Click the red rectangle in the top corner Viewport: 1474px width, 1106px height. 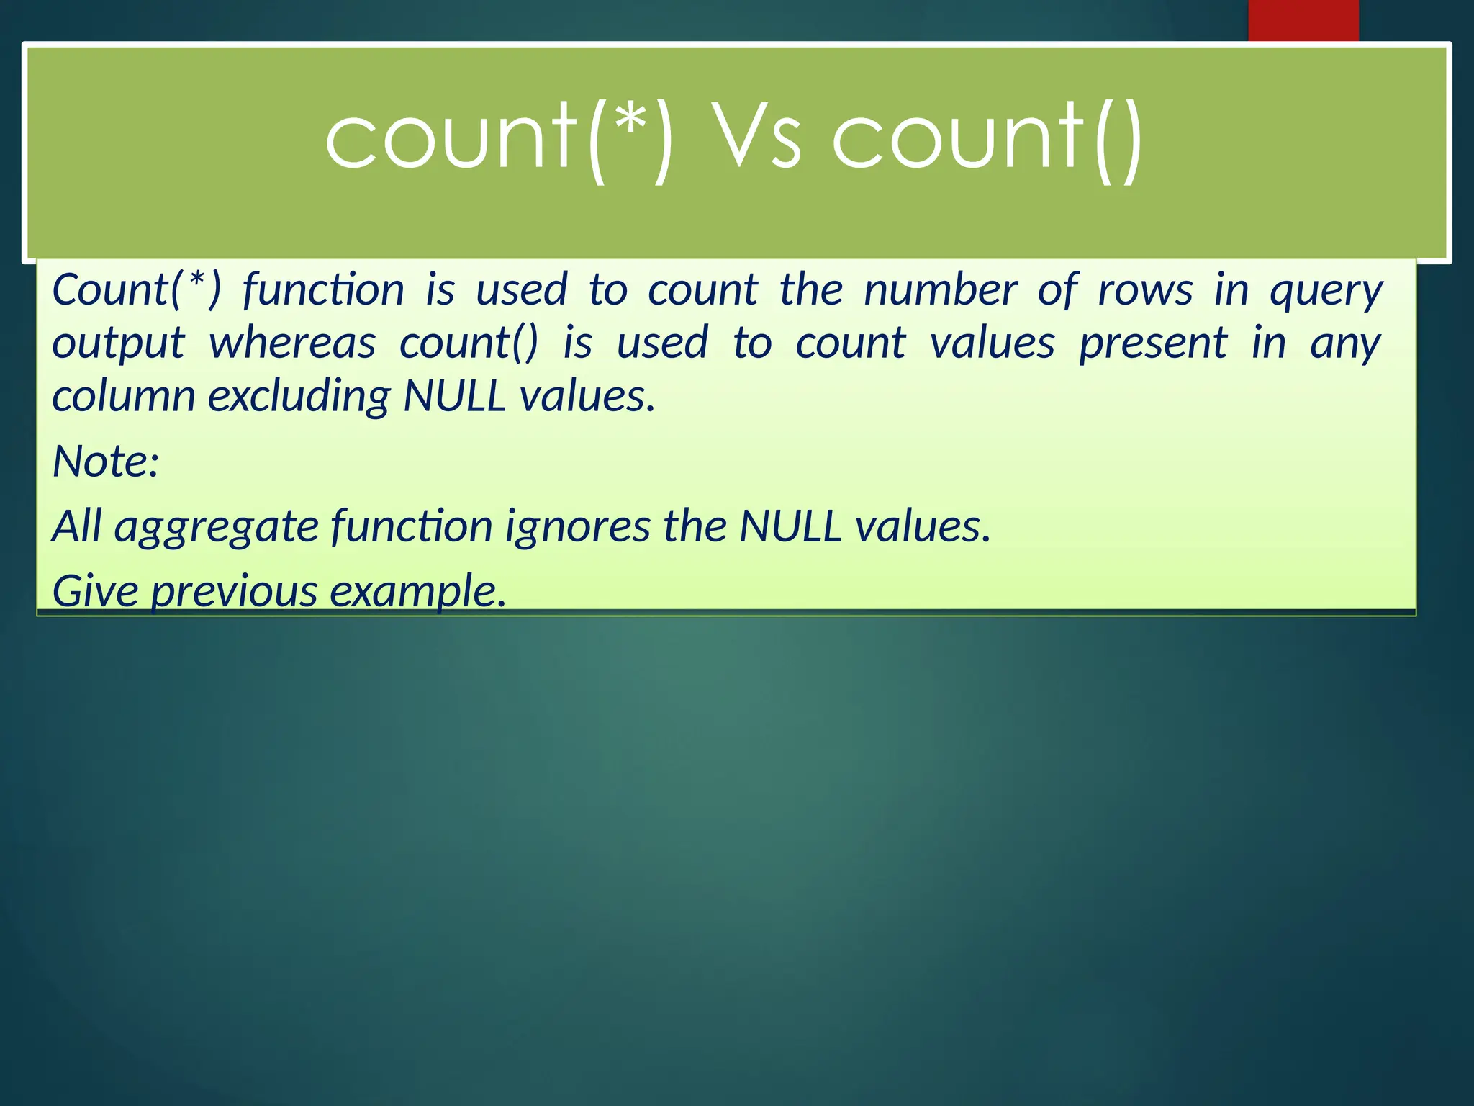click(x=1303, y=20)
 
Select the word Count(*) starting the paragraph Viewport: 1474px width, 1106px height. click(x=137, y=290)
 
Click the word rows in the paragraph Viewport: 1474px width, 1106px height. click(x=1145, y=290)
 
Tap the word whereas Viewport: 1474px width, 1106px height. click(x=292, y=343)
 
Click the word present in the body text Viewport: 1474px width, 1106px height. click(x=1152, y=344)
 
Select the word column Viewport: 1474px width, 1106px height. click(x=123, y=396)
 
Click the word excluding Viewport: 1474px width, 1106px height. click(x=299, y=397)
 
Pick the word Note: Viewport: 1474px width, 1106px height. click(x=106, y=461)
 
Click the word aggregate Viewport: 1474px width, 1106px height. click(x=216, y=527)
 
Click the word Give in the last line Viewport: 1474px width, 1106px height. click(x=95, y=590)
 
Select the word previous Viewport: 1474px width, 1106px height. click(x=233, y=592)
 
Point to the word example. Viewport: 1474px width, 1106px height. click(x=418, y=592)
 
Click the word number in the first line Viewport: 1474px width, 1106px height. click(x=940, y=290)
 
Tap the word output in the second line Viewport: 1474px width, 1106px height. click(x=118, y=344)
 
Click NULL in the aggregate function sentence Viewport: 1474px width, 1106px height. click(x=790, y=526)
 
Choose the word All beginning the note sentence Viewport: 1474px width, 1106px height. click(x=76, y=526)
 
